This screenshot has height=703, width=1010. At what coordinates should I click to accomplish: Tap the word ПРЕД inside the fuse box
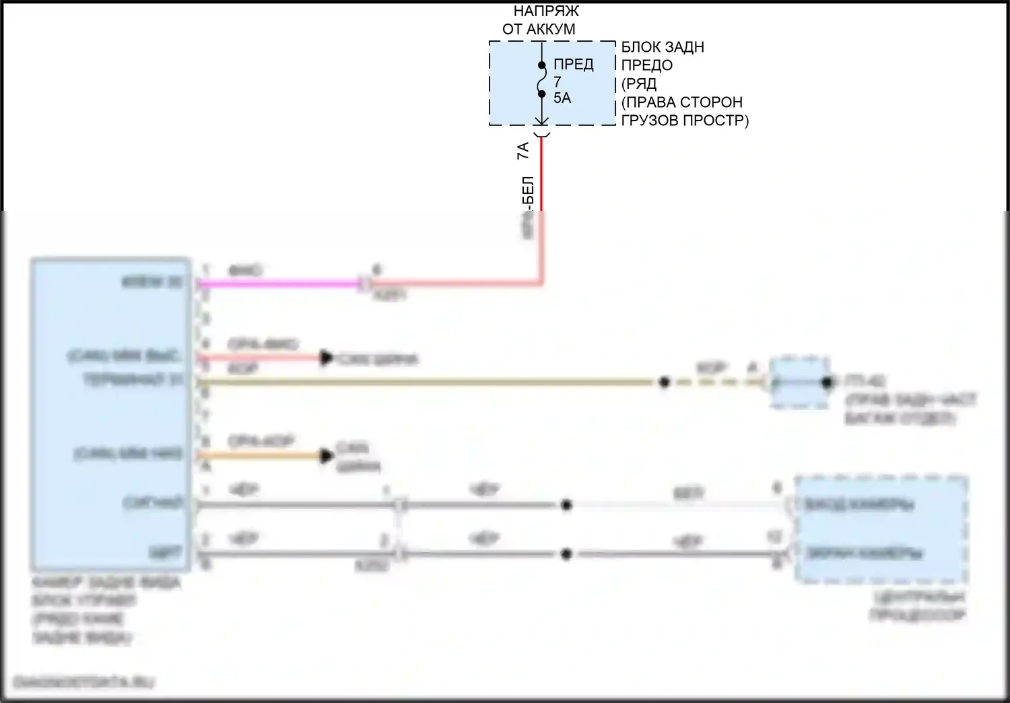[x=573, y=64]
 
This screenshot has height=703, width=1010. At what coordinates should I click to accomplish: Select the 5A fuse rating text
[x=562, y=98]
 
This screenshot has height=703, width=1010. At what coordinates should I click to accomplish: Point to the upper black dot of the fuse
[x=541, y=66]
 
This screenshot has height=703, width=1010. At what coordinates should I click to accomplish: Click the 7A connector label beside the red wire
[x=523, y=150]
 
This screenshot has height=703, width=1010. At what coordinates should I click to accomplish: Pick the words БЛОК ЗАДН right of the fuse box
[x=663, y=47]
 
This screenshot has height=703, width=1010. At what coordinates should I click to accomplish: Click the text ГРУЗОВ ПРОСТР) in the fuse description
[x=684, y=121]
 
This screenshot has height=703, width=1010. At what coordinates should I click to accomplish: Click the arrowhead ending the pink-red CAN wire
[x=327, y=358]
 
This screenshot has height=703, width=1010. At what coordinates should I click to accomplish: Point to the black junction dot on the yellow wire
[x=664, y=382]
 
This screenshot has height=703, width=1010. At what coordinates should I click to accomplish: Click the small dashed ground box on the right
[x=800, y=382]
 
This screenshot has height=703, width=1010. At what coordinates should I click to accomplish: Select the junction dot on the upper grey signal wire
[x=566, y=505]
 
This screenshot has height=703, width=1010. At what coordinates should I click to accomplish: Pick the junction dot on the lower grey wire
[x=566, y=554]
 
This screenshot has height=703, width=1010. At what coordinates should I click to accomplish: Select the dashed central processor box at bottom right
[x=881, y=529]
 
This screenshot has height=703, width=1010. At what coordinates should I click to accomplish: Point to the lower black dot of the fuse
[x=541, y=94]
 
